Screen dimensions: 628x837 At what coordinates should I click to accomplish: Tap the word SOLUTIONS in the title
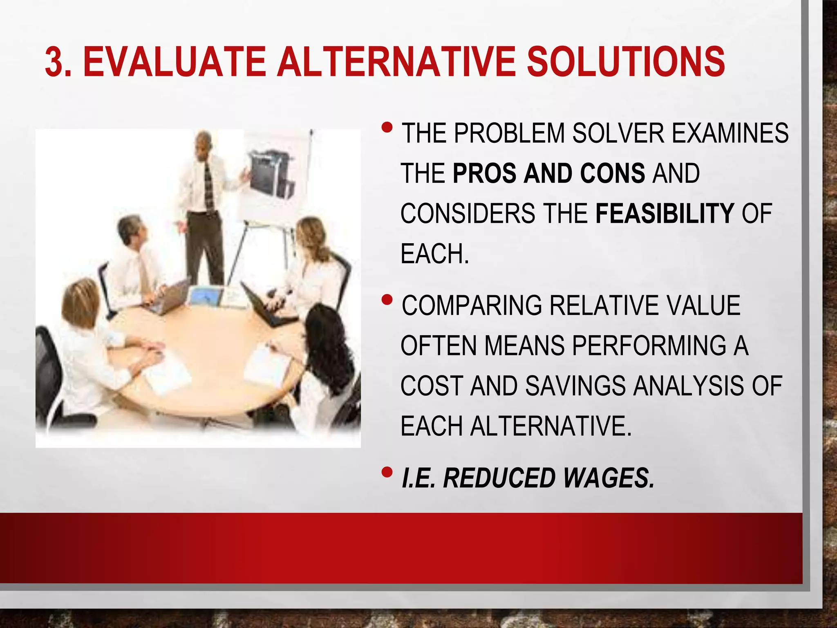point(625,62)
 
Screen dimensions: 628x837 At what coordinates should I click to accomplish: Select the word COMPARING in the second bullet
point(471,306)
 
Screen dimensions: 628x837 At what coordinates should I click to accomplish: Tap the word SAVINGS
point(575,386)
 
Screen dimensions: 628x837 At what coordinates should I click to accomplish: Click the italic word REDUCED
point(499,478)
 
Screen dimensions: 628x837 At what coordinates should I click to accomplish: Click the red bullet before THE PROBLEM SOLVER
point(387,128)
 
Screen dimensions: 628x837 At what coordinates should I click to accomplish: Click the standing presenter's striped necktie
point(208,186)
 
